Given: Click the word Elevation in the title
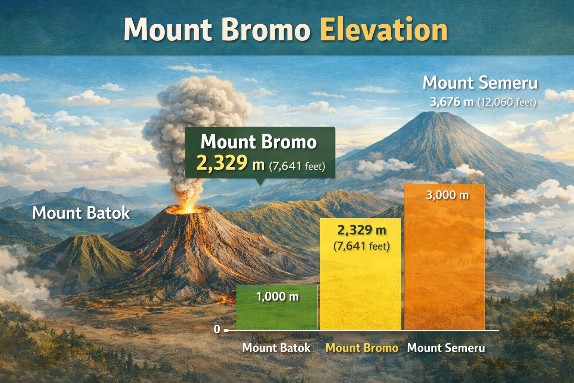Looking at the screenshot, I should click(x=384, y=30).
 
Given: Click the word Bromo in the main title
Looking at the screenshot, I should click(x=266, y=30).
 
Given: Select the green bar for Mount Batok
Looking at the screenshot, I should click(x=277, y=314).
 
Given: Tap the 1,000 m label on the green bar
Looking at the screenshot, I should click(x=277, y=297).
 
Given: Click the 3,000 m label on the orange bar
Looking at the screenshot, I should click(x=447, y=195).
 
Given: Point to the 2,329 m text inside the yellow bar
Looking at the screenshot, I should click(x=361, y=230).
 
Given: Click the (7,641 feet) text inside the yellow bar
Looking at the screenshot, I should click(x=361, y=246).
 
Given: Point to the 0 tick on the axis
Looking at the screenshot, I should click(x=217, y=329).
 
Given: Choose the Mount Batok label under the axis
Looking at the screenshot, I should click(x=276, y=348).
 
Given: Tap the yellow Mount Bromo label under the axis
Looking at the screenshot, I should click(x=362, y=348).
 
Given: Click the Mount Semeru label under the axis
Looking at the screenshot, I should click(x=446, y=348).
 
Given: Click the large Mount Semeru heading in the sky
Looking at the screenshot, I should click(x=480, y=83).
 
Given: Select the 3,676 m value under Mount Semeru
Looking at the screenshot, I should click(x=451, y=102).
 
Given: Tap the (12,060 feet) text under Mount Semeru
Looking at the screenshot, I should click(x=507, y=102).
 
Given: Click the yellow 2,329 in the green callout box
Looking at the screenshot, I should click(x=222, y=163).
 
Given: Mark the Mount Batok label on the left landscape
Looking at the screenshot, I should click(x=81, y=213).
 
